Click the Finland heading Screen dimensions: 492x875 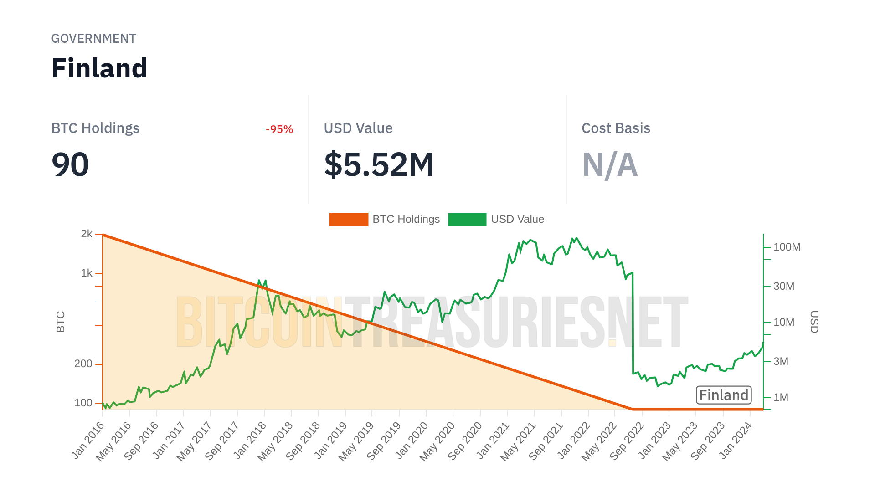pos(99,68)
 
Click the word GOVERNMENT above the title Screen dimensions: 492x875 pos(93,39)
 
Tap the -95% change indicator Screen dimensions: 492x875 pos(279,129)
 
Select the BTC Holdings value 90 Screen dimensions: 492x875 pos(70,164)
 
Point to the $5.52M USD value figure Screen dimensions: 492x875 pos(379,164)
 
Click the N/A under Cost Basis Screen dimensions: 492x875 pos(610,164)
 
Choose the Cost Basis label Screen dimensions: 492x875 pos(616,128)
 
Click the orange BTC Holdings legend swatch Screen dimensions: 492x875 pos(349,220)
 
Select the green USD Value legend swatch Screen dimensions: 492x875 pos(467,220)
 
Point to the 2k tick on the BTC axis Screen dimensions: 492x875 pos(87,234)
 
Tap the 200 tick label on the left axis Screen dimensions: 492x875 pos(83,364)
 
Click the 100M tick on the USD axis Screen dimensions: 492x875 pos(787,247)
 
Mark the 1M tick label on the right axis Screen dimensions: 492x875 pos(781,397)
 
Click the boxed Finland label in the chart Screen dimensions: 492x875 pos(724,395)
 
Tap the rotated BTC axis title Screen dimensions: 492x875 pos(61,322)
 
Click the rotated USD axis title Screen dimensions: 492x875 pos(814,322)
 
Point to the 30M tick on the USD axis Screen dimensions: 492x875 pos(784,286)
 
